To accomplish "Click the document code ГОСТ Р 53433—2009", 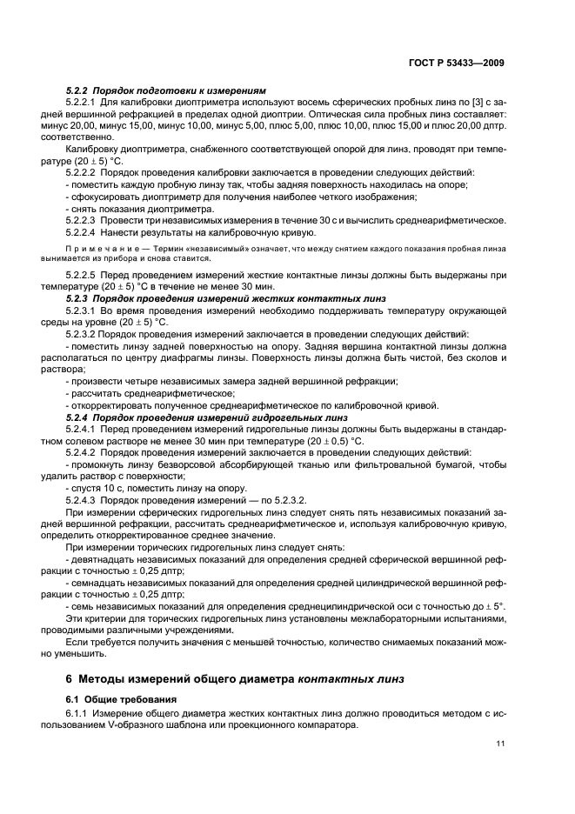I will [461, 63].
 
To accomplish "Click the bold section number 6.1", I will [74, 697].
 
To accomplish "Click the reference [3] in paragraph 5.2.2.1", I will [465, 103].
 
